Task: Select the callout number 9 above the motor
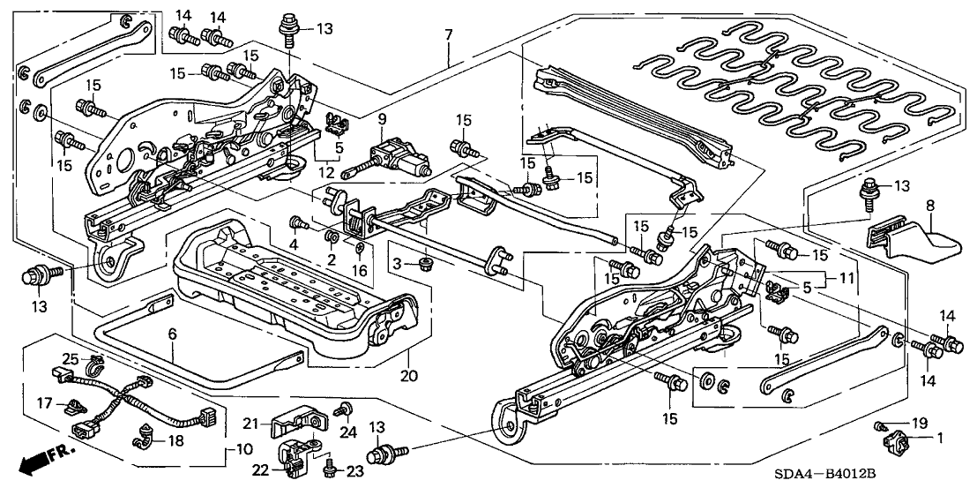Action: [383, 118]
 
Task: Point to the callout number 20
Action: [407, 378]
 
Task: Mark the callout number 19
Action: [890, 423]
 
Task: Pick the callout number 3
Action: [397, 264]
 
